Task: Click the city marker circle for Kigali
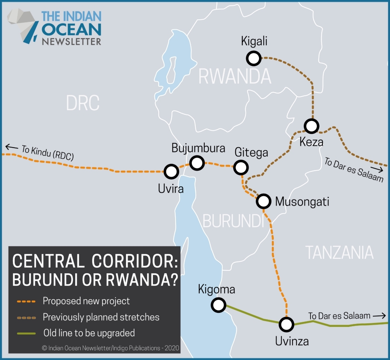pyautogui.click(x=254, y=58)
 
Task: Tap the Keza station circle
pyautogui.click(x=312, y=126)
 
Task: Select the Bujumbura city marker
pyautogui.click(x=197, y=163)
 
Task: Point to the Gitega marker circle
pyautogui.click(x=241, y=167)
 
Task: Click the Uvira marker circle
pyautogui.click(x=171, y=171)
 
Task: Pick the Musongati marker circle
pyautogui.click(x=263, y=201)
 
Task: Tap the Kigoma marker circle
pyautogui.click(x=218, y=305)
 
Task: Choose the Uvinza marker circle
pyautogui.click(x=286, y=324)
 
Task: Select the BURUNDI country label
pyautogui.click(x=233, y=220)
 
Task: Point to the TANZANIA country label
pyautogui.click(x=340, y=252)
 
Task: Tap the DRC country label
pyautogui.click(x=82, y=103)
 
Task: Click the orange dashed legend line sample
pyautogui.click(x=26, y=301)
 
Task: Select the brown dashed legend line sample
pyautogui.click(x=26, y=317)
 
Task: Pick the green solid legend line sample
pyautogui.click(x=26, y=333)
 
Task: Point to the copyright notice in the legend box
pyautogui.click(x=110, y=348)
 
